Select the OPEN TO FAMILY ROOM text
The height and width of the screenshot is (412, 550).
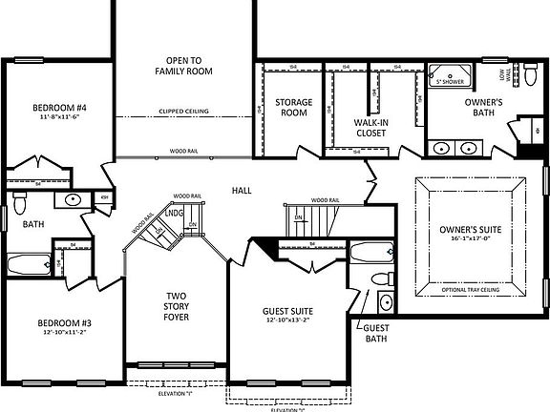187,65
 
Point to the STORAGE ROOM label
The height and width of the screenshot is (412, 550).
292,107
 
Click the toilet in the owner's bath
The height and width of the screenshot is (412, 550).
530,72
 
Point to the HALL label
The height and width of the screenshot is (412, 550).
242,191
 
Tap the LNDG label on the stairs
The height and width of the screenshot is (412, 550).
176,215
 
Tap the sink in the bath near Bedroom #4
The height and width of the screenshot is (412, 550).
74,200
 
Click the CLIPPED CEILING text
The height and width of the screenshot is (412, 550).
185,112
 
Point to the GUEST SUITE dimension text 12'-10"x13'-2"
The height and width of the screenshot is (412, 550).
287,321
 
